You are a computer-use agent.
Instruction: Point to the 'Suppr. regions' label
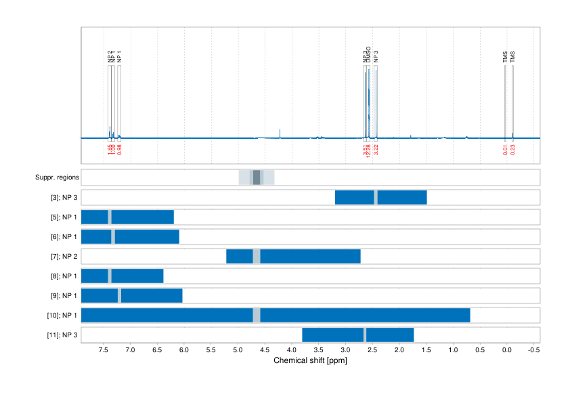(57, 177)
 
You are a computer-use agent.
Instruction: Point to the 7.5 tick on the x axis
(103, 350)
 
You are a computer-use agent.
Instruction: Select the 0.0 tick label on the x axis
(507, 350)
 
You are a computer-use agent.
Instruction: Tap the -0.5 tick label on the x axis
(533, 350)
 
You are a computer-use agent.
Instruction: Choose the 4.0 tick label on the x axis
(292, 350)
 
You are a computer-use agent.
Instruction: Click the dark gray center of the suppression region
(257, 177)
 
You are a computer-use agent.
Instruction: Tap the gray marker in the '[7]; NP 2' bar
(257, 257)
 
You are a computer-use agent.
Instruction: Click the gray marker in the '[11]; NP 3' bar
(365, 335)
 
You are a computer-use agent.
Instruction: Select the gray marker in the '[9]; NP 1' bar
(119, 296)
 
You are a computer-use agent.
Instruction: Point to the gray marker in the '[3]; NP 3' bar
(376, 197)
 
